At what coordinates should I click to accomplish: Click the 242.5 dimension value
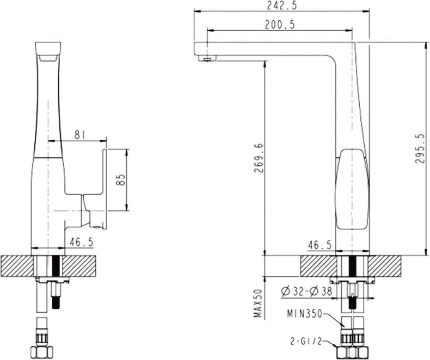(281, 6)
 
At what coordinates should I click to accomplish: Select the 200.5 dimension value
(281, 24)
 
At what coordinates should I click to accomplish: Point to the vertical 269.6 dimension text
(259, 158)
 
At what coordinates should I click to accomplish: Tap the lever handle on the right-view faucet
(352, 190)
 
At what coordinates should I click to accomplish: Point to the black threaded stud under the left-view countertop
(55, 294)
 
